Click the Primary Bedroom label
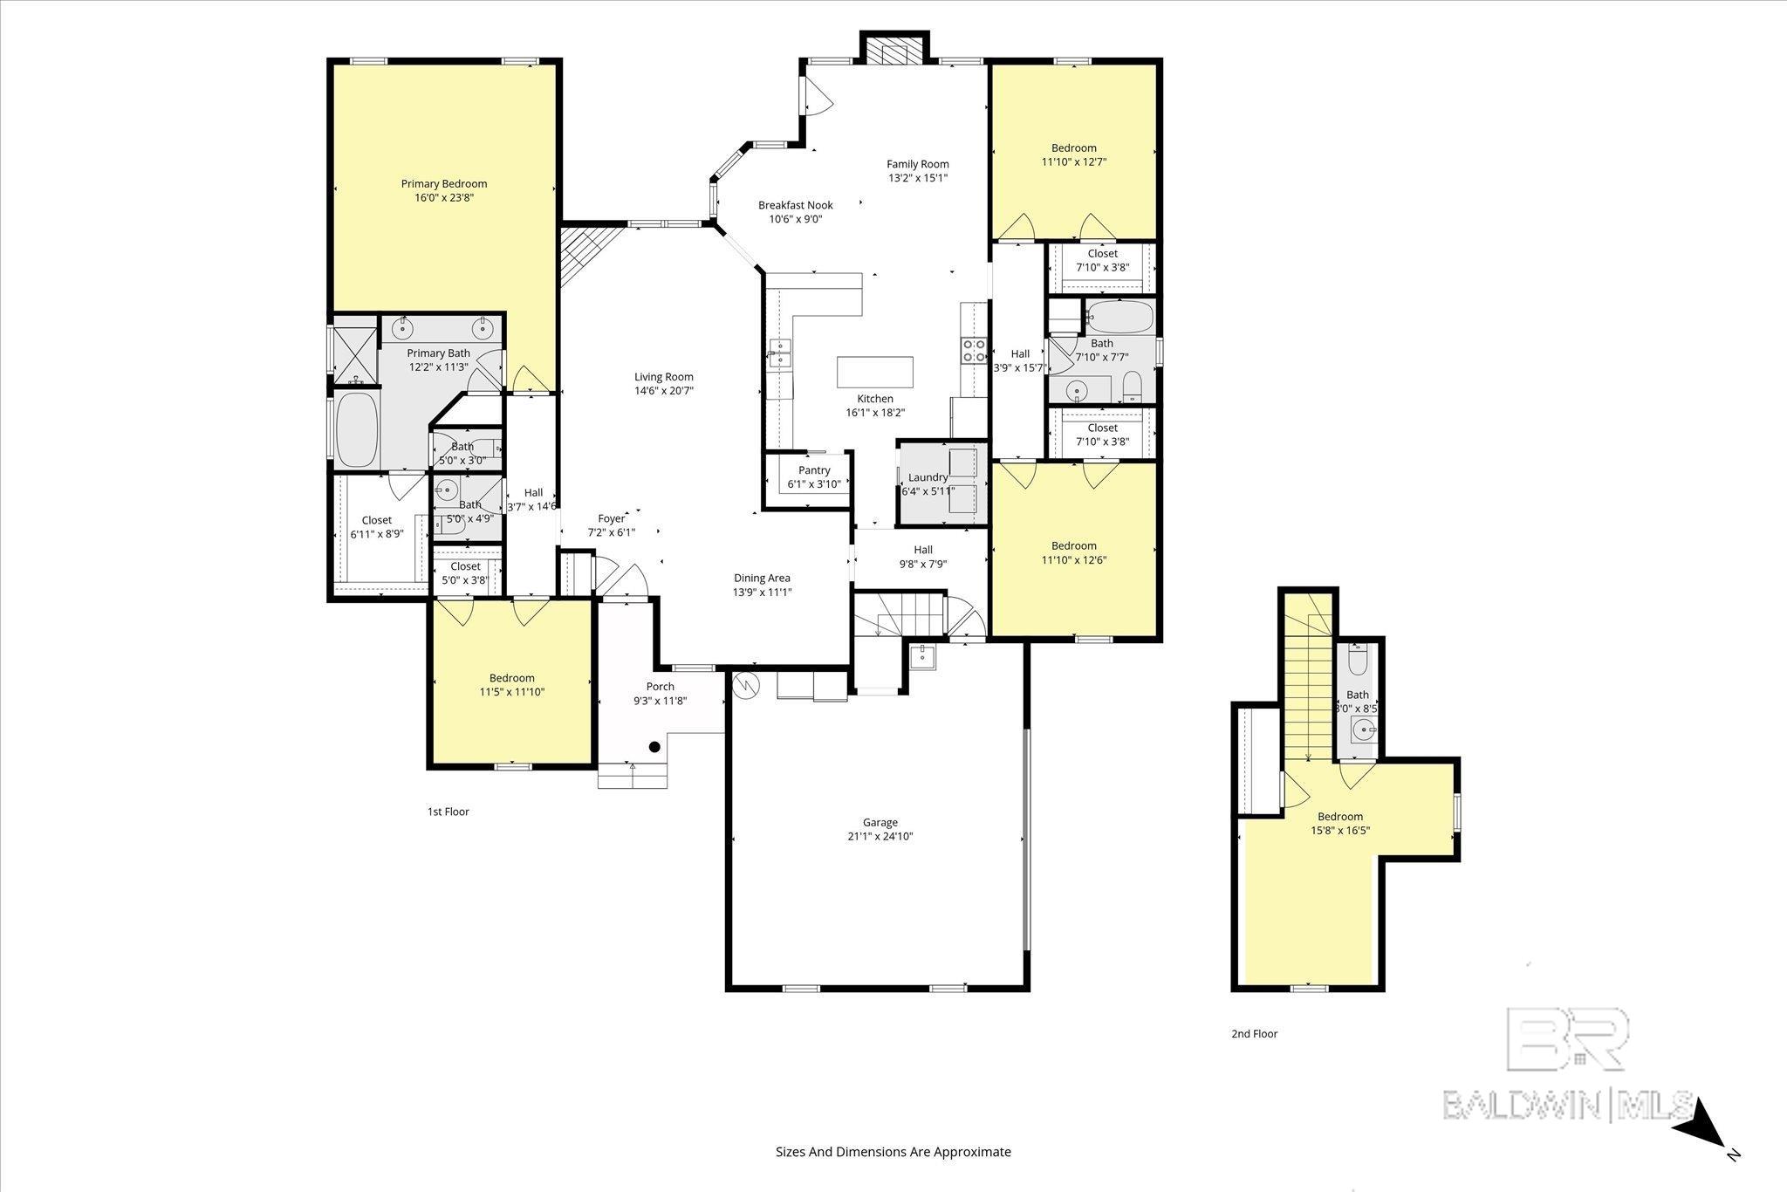[443, 184]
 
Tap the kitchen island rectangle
[874, 372]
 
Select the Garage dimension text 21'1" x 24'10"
[880, 836]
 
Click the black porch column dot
[654, 746]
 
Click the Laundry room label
[928, 477]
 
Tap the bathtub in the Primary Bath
[355, 429]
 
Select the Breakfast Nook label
[795, 205]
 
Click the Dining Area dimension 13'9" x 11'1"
[762, 592]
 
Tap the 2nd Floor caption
[1254, 1033]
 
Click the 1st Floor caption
[448, 812]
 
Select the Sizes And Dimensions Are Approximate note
[893, 1152]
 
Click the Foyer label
[611, 518]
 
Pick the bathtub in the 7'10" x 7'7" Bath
[1119, 317]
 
